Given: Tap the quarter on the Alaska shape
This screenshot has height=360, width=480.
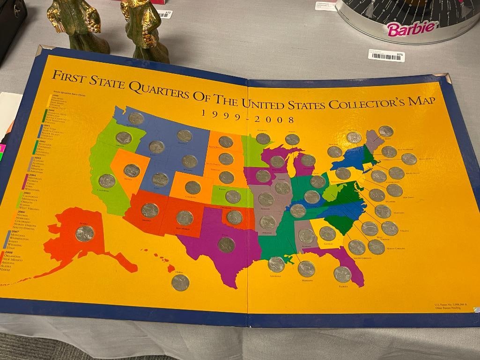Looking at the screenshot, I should (84, 233).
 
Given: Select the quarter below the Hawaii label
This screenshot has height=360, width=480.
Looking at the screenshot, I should (180, 283).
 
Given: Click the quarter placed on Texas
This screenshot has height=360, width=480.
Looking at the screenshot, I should (226, 244).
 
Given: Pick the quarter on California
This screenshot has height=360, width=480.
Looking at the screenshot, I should (107, 181).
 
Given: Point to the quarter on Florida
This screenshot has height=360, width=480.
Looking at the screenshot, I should (342, 274).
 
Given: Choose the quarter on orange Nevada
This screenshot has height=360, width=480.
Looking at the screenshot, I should (132, 170).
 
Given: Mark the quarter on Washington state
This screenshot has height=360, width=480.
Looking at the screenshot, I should (136, 118).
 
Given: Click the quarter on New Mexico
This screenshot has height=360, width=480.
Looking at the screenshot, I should (185, 218).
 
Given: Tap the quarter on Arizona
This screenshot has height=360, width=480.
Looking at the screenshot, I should (150, 210).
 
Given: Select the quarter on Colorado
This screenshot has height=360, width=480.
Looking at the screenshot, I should (192, 188).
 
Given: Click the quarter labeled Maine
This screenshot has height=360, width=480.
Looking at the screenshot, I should (386, 132).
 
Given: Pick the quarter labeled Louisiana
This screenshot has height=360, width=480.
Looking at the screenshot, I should (276, 264).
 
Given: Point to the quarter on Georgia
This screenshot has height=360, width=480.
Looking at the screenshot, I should (327, 233).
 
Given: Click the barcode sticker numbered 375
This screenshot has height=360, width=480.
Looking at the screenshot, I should (386, 56).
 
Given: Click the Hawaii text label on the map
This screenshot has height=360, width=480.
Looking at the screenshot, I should (179, 272).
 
